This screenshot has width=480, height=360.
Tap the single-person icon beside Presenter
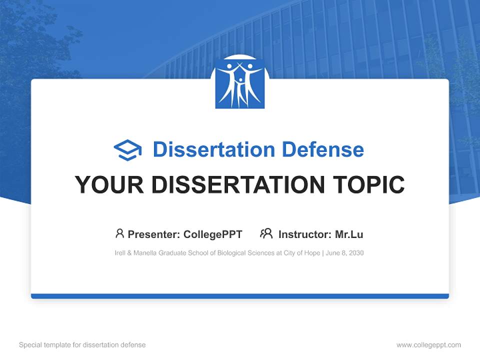119,233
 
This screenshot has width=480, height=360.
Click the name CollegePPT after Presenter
213,234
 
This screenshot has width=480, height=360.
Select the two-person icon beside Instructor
266,233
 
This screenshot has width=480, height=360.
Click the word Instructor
304,234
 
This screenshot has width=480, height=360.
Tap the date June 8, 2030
344,253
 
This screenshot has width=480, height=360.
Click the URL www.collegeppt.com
428,345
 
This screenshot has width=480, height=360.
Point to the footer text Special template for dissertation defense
82,345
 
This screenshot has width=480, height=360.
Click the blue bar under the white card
240,296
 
